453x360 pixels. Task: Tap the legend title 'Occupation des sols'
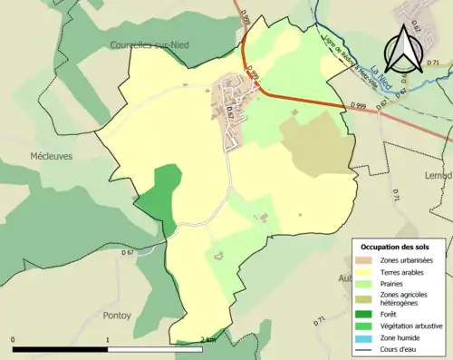(400, 247)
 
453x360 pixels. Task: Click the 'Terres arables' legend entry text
(408, 270)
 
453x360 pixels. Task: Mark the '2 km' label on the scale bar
(207, 340)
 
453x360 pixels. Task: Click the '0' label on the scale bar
(13, 340)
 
